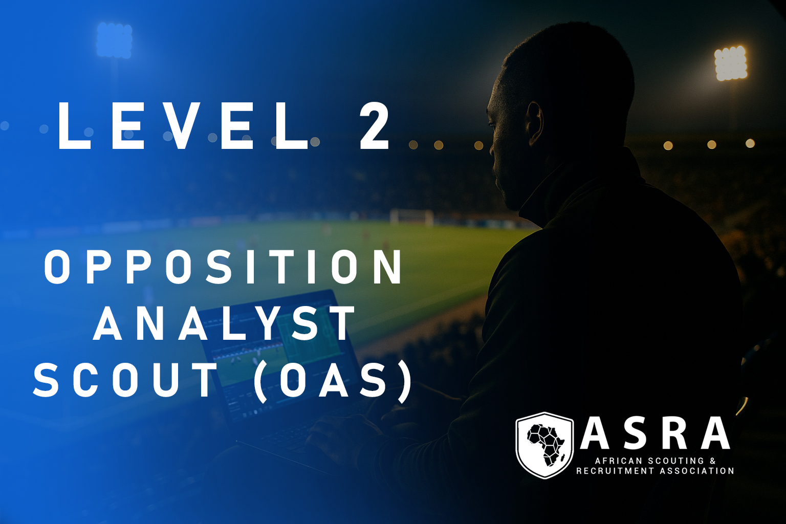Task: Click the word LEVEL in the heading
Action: (183, 126)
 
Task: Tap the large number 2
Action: (375, 126)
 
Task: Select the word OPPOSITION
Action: (224, 267)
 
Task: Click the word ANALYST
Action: (224, 322)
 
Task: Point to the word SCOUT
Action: (124, 380)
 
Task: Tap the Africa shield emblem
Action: (544, 445)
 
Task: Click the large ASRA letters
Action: (655, 433)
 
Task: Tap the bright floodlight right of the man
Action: (731, 62)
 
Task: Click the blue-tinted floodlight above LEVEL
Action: (115, 40)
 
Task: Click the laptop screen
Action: (281, 355)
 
